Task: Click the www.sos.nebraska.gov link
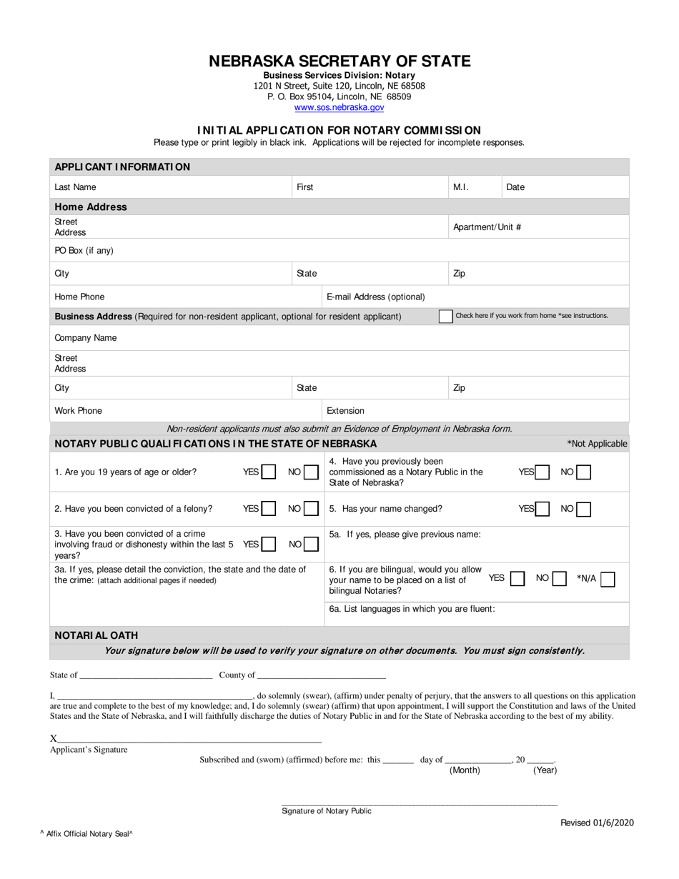[x=339, y=107]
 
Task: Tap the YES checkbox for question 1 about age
[x=269, y=472]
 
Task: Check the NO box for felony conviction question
[x=311, y=509]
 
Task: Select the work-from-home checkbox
[x=445, y=316]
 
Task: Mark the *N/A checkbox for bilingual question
[x=608, y=579]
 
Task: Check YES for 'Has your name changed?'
[x=542, y=509]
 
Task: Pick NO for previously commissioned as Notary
[x=584, y=472]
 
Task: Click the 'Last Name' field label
[x=75, y=187]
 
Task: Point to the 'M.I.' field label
[x=460, y=187]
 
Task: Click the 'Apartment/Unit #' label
[x=487, y=227]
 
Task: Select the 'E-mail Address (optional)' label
[x=375, y=297]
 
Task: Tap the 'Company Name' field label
[x=85, y=338]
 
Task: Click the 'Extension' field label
[x=345, y=411]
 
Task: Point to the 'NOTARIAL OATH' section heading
[x=96, y=635]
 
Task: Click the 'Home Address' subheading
[x=91, y=207]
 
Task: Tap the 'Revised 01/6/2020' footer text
[x=596, y=823]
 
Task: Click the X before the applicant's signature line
[x=54, y=738]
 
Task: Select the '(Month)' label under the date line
[x=465, y=770]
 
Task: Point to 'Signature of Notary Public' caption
[x=327, y=811]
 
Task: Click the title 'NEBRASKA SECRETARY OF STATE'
[x=339, y=61]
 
